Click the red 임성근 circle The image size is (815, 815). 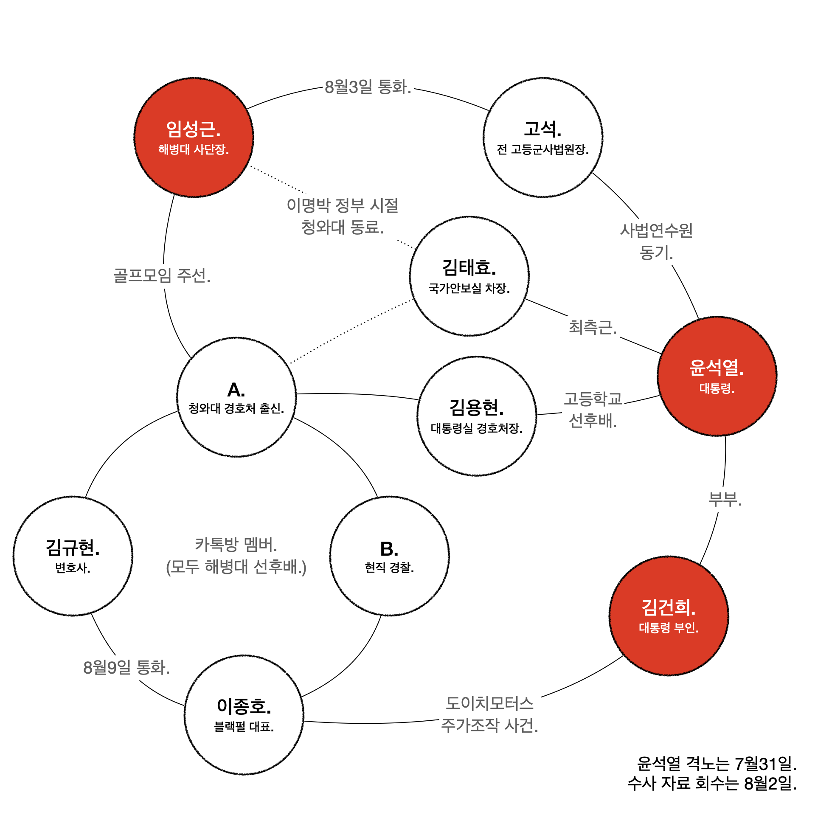(194, 137)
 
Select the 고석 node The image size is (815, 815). (542, 137)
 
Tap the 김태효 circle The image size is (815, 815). (469, 276)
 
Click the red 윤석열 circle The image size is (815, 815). (717, 376)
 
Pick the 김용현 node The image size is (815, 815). (476, 416)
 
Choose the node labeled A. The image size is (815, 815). (236, 397)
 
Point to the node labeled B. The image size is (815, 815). (389, 556)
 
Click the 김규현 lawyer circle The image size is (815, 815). (73, 556)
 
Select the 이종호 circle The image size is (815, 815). (244, 715)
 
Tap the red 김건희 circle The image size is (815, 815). (669, 615)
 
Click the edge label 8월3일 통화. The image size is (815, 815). (368, 87)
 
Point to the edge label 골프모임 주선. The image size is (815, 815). (162, 275)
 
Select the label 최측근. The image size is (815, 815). (593, 327)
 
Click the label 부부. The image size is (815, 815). (725, 499)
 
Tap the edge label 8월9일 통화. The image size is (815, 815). (126, 668)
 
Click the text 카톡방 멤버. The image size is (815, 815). (236, 545)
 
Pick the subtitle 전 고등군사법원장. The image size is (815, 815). (542, 149)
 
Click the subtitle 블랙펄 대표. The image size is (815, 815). (244, 727)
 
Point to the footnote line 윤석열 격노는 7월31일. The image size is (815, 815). (717, 764)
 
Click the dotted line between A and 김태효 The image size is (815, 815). (351, 331)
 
